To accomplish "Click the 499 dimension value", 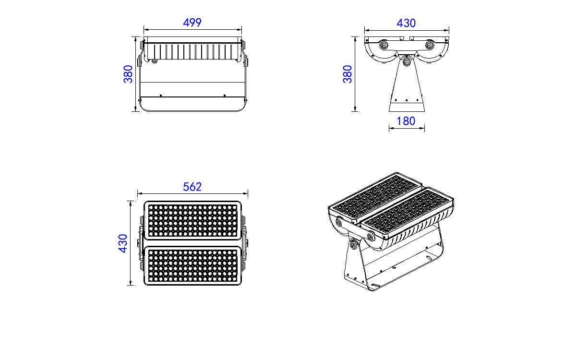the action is [192, 23].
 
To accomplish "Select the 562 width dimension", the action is [192, 187].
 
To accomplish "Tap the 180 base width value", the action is [406, 121].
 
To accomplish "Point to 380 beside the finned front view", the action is [128, 74].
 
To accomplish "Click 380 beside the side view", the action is [347, 74].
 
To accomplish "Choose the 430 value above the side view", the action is [406, 23].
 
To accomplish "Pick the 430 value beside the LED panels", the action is [123, 243].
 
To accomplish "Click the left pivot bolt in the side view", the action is [384, 45].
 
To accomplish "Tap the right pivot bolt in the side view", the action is [430, 45].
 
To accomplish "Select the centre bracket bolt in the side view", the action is [407, 62].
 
